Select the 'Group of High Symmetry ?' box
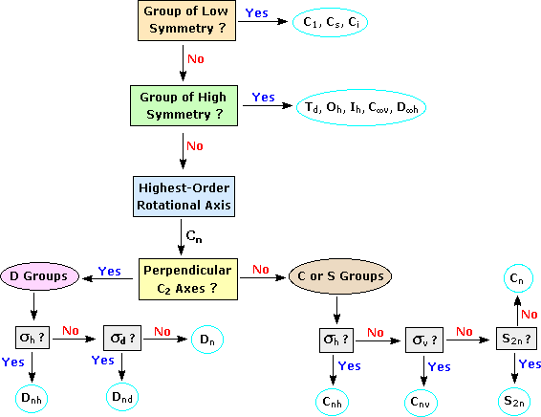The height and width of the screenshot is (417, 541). click(181, 105)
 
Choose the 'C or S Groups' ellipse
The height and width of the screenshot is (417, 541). click(338, 277)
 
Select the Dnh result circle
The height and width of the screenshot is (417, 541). click(33, 396)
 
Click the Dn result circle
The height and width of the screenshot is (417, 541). click(207, 339)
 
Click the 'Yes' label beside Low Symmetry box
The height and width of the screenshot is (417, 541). click(257, 13)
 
